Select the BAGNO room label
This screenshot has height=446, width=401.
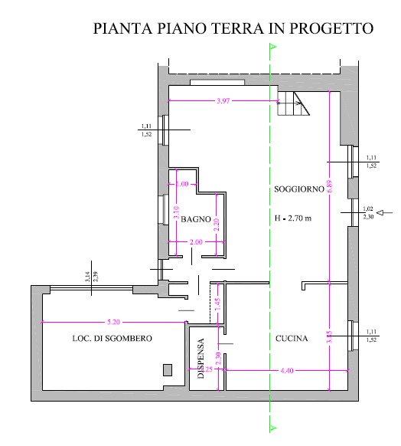point(196,219)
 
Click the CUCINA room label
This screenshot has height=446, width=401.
point(292,338)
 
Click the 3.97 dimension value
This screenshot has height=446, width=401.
point(224,101)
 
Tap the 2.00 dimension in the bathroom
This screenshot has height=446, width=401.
point(194,242)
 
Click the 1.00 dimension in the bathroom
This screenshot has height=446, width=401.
point(181,184)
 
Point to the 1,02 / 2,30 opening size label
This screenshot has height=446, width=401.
point(369,212)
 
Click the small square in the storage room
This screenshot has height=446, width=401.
point(168,370)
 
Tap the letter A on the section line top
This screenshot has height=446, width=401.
point(272,46)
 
